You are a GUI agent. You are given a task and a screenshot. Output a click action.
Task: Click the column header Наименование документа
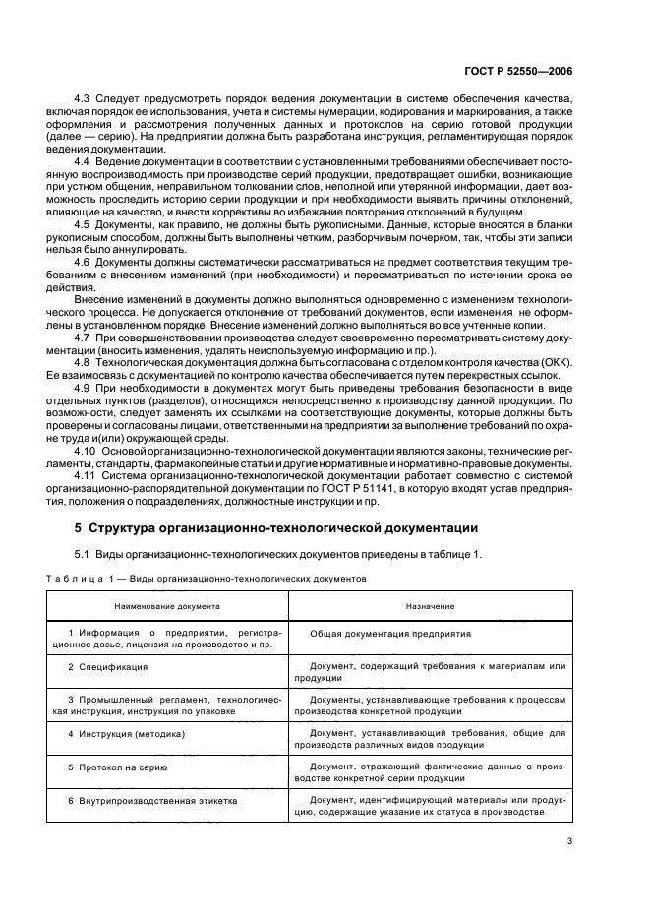pos(167,607)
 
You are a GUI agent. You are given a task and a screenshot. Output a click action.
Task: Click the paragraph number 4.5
pos(82,224)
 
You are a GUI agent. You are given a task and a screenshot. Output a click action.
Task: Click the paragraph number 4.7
pos(82,337)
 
